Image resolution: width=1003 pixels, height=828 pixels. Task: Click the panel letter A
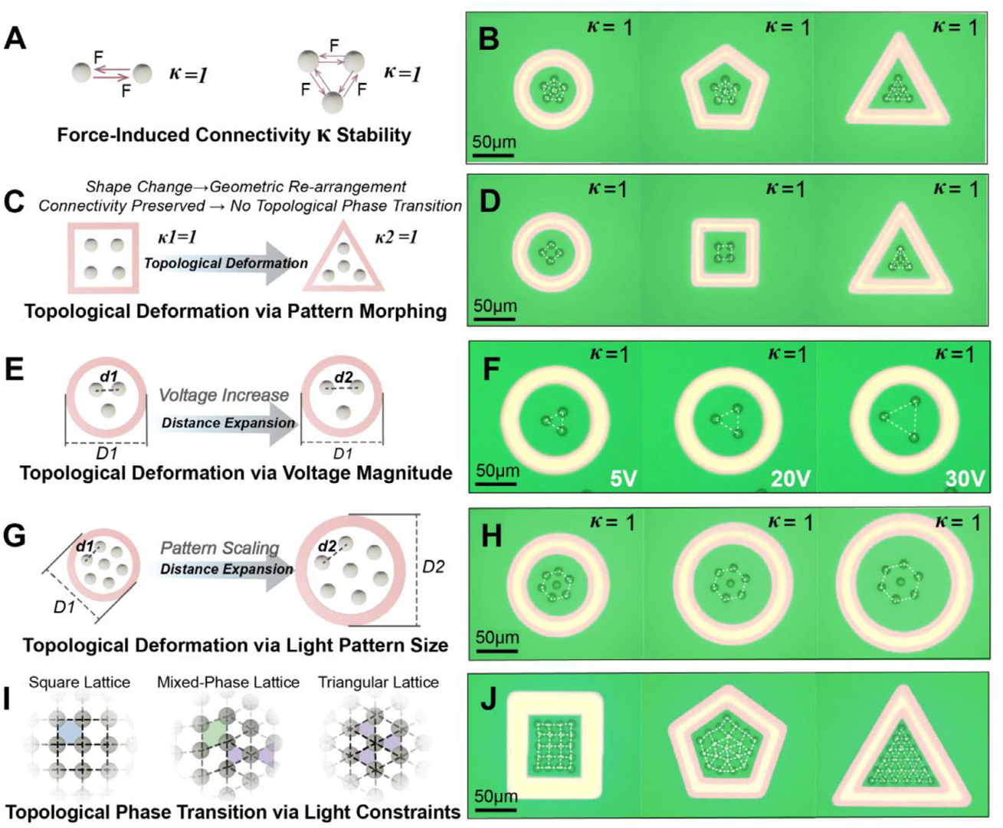pyautogui.click(x=15, y=37)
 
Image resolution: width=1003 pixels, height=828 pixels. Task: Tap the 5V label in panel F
pyautogui.click(x=624, y=479)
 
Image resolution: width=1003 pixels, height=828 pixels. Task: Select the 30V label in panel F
pyautogui.click(x=964, y=479)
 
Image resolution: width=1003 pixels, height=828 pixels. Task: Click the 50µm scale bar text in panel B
pyautogui.click(x=493, y=142)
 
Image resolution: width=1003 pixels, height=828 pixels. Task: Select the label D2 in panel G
pyautogui.click(x=434, y=567)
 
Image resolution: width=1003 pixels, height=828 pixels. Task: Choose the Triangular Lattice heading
pyautogui.click(x=379, y=682)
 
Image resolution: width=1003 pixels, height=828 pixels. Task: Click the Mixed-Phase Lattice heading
pyautogui.click(x=228, y=682)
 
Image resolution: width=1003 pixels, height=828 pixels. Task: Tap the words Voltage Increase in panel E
pyautogui.click(x=224, y=396)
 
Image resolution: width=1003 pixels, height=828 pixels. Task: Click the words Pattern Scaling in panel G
pyautogui.click(x=220, y=548)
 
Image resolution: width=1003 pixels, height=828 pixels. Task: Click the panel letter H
pyautogui.click(x=490, y=536)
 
